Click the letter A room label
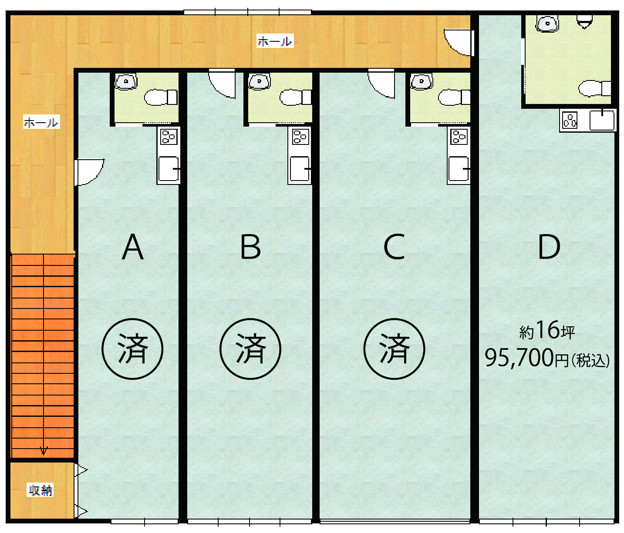(x=132, y=247)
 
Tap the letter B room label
(x=250, y=247)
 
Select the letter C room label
(x=394, y=247)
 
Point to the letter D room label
(x=549, y=247)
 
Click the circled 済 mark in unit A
(x=132, y=349)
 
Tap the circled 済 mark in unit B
(x=250, y=349)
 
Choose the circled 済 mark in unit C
(x=394, y=349)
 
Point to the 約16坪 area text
(x=547, y=330)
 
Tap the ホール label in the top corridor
(x=275, y=41)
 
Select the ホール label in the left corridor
(x=41, y=122)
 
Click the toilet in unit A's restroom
(x=161, y=97)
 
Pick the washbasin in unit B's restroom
(x=259, y=82)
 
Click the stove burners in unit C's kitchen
(x=459, y=137)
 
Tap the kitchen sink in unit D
(x=602, y=120)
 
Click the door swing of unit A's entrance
(x=89, y=172)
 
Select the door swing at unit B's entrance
(x=222, y=84)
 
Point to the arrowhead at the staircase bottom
(x=44, y=452)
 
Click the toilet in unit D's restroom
(x=595, y=88)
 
